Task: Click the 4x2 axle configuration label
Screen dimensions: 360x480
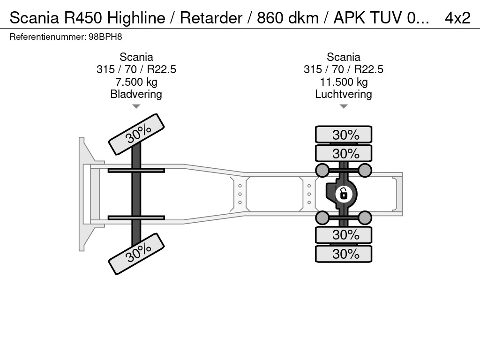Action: [457, 18]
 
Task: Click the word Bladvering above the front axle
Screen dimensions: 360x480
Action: [136, 94]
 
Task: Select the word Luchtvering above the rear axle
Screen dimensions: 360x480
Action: [344, 94]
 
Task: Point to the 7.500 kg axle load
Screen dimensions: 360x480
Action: [136, 82]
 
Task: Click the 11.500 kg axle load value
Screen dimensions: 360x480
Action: [344, 82]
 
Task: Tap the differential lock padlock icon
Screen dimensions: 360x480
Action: [344, 193]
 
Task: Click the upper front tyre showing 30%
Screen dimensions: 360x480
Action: [136, 134]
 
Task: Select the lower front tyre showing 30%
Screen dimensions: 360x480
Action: [136, 254]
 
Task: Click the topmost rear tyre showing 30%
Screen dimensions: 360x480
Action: [344, 135]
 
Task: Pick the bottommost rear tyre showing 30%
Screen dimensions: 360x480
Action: [344, 254]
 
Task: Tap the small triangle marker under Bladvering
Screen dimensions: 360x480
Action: [136, 106]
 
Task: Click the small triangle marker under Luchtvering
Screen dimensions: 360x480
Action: [344, 106]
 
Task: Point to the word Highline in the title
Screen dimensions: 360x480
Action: [136, 18]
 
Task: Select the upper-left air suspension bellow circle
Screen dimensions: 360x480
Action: [322, 170]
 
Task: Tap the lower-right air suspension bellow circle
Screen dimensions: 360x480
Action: [365, 217]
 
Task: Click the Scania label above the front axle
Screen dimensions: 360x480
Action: [136, 57]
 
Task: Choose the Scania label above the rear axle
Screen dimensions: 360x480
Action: [344, 57]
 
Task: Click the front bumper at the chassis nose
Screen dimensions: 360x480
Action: [83, 194]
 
